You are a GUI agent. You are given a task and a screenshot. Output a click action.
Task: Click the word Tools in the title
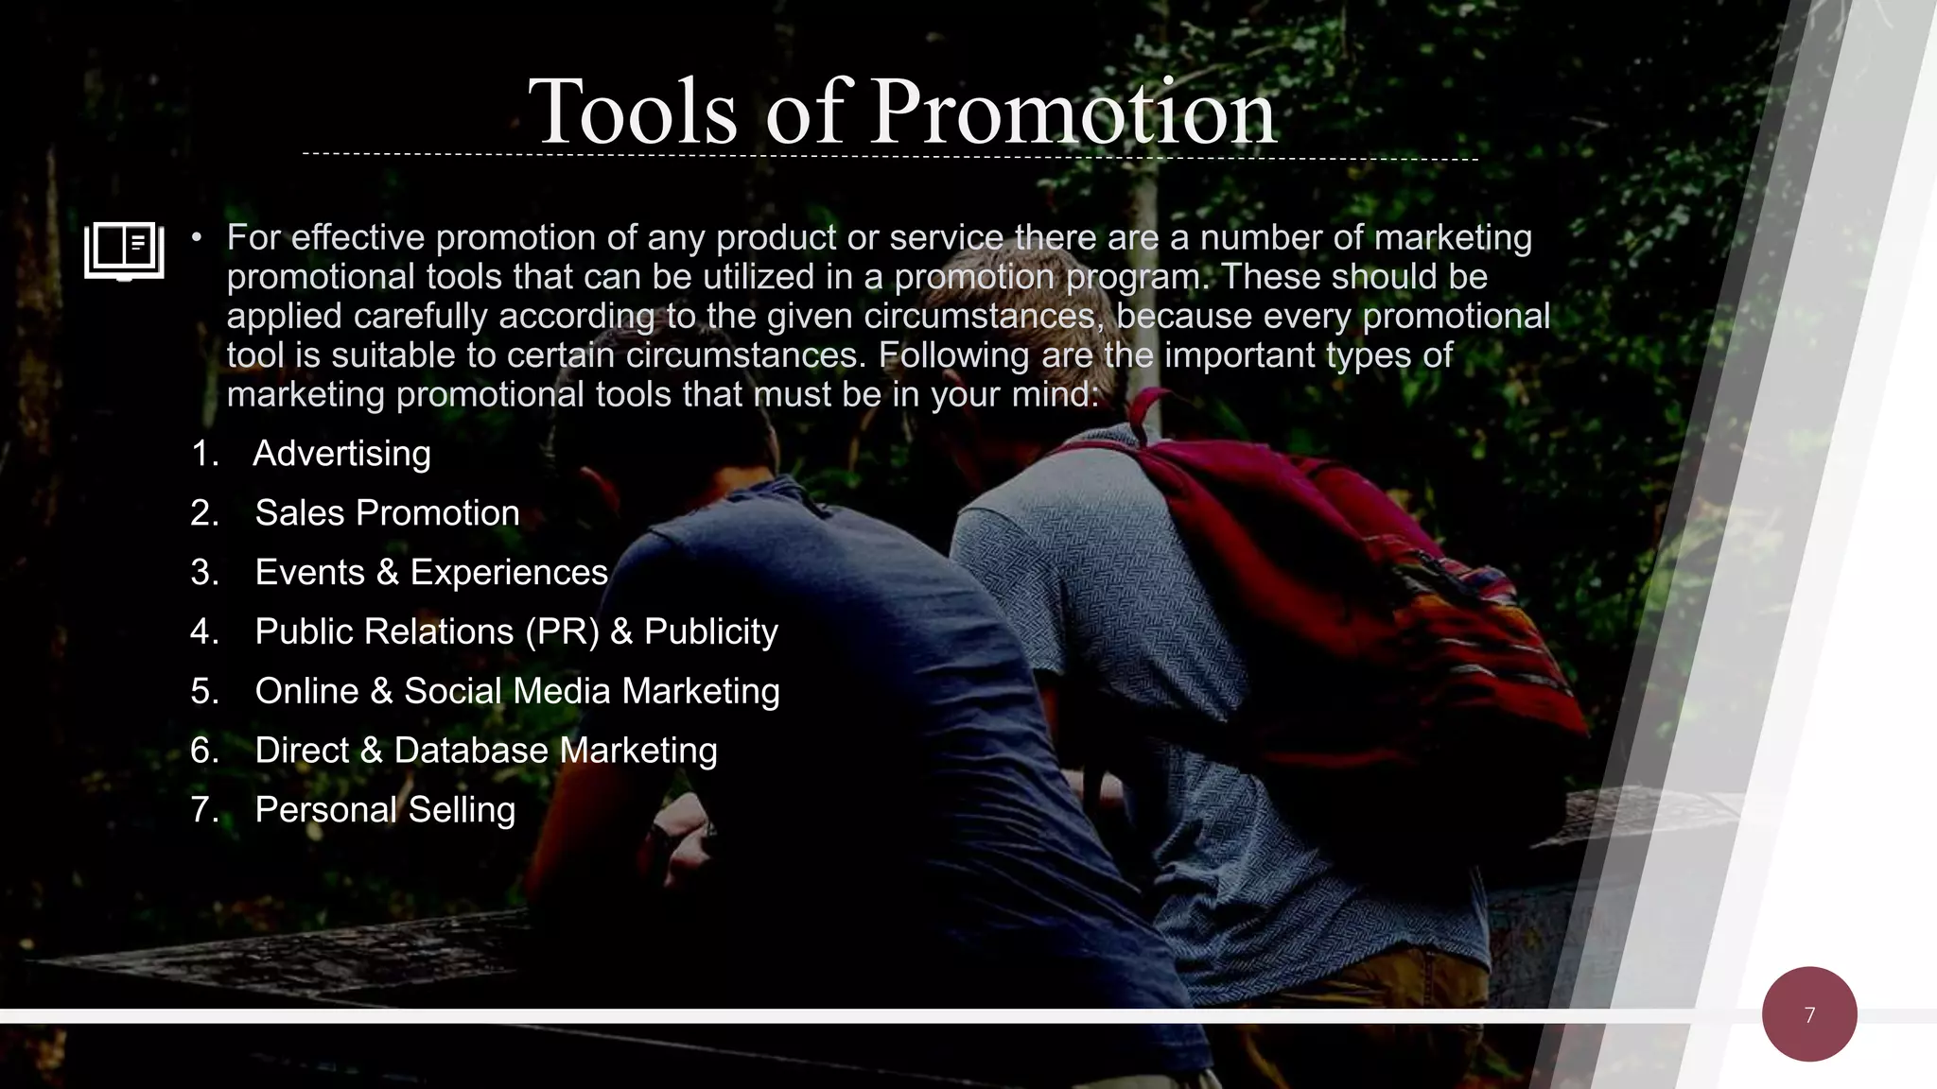click(632, 113)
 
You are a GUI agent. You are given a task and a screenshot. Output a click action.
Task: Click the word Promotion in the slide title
click(1073, 113)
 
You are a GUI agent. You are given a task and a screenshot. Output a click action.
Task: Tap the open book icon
click(124, 251)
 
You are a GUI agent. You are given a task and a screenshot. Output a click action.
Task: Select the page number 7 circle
click(1809, 1014)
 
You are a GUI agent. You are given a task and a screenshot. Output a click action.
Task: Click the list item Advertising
click(341, 454)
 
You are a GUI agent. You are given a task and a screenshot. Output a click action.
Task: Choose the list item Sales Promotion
click(387, 513)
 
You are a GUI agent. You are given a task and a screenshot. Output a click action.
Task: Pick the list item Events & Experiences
click(431, 573)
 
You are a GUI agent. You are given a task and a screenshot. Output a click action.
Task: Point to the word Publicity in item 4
click(710, 631)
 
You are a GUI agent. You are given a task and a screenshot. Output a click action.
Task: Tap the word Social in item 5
click(460, 691)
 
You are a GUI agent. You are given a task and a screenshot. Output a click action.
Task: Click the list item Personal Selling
click(385, 810)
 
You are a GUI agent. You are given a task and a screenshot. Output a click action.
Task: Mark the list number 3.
click(203, 573)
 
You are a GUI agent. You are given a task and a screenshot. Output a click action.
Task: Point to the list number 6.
click(203, 751)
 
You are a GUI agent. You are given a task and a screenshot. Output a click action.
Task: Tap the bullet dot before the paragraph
click(197, 238)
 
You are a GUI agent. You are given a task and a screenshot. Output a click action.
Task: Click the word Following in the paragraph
click(953, 355)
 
